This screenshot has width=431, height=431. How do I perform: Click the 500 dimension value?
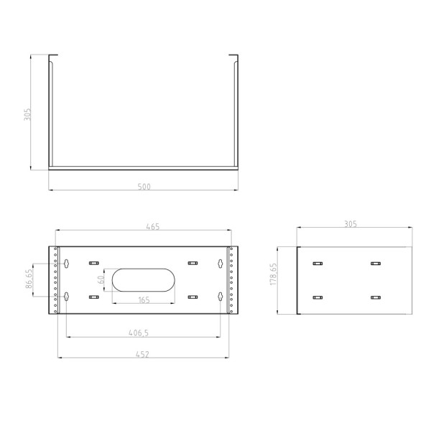(x=144, y=187)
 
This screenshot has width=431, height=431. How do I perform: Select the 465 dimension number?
(x=152, y=226)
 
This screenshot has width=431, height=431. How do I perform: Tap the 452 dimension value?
(x=144, y=353)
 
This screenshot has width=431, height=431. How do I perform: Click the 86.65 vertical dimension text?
(x=28, y=279)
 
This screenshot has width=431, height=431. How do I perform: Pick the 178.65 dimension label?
(x=274, y=279)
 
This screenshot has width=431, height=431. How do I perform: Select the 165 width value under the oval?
(x=144, y=300)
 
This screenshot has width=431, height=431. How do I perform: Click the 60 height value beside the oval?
(x=102, y=279)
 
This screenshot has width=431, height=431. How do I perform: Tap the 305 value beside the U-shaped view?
(x=27, y=114)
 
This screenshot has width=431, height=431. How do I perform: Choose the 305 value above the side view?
(x=350, y=224)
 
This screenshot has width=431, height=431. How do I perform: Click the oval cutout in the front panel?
(x=144, y=280)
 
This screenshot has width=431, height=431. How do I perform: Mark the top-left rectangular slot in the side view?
(x=317, y=264)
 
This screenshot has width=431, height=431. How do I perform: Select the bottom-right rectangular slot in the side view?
(x=374, y=297)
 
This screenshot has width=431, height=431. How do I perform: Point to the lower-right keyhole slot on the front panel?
(x=221, y=296)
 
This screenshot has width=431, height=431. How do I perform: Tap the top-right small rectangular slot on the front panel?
(x=192, y=263)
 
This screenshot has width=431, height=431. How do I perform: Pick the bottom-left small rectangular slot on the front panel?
(x=93, y=296)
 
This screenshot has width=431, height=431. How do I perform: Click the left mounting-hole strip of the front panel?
(x=55, y=280)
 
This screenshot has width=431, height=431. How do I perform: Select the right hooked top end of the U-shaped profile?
(x=233, y=57)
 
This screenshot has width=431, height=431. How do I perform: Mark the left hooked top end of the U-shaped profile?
(x=52, y=57)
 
